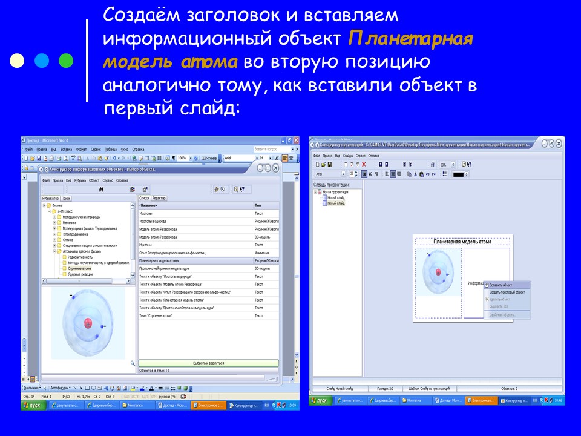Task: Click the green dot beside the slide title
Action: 67,61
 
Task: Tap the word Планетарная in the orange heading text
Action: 410,40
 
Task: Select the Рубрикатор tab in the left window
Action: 50,198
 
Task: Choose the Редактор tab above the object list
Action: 159,198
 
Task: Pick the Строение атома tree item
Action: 79,268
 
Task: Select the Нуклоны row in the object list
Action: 146,245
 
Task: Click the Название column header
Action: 149,205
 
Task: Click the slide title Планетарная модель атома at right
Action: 462,242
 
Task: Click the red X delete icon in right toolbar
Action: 364,164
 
